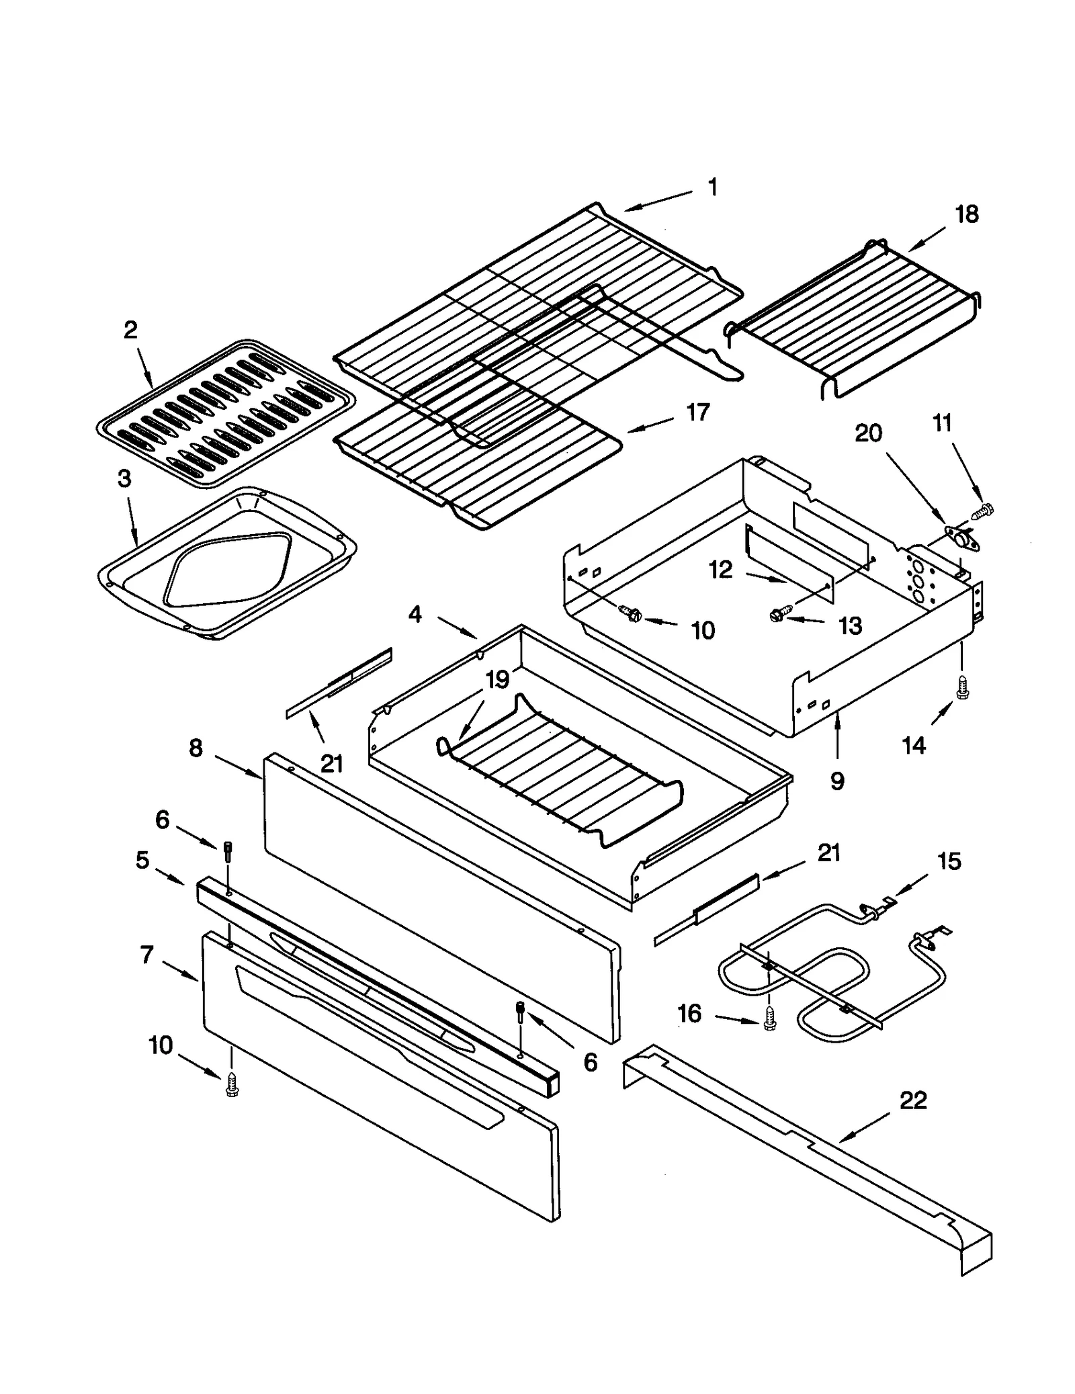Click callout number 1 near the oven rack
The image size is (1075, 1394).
pyautogui.click(x=713, y=187)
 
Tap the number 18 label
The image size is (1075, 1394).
pyautogui.click(x=966, y=214)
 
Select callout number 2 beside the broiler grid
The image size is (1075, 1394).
pyautogui.click(x=130, y=329)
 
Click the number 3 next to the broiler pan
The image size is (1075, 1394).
pyautogui.click(x=124, y=479)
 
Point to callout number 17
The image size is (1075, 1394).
pyautogui.click(x=697, y=412)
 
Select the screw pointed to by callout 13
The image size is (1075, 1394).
pyautogui.click(x=778, y=614)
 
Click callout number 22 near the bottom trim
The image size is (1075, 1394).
pyautogui.click(x=912, y=1100)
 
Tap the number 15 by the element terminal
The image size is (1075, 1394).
pyautogui.click(x=949, y=861)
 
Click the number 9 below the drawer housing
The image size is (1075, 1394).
pyautogui.click(x=836, y=780)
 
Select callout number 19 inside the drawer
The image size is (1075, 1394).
pyautogui.click(x=497, y=680)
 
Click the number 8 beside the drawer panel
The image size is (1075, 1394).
pyautogui.click(x=196, y=748)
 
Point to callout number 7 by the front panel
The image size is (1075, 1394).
pyautogui.click(x=147, y=954)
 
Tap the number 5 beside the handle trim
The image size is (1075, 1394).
pyautogui.click(x=142, y=859)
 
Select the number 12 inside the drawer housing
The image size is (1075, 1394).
pyautogui.click(x=720, y=570)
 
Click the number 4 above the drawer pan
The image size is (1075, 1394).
pyautogui.click(x=415, y=613)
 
